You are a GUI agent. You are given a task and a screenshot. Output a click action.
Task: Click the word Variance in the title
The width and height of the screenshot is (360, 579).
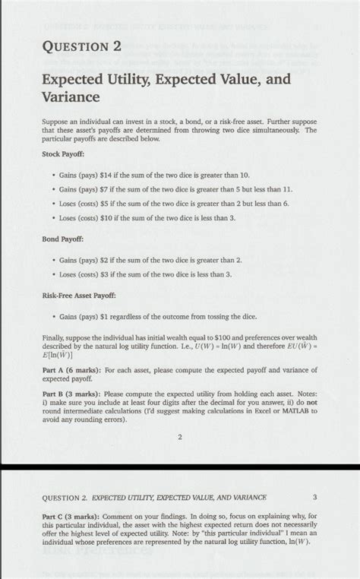point(74,98)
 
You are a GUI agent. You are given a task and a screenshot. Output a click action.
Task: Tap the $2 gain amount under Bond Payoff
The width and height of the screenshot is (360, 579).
point(109,260)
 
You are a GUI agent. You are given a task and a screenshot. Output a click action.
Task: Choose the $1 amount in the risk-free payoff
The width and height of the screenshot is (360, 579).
point(109,315)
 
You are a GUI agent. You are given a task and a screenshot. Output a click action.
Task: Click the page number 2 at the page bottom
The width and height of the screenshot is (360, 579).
point(181,438)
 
